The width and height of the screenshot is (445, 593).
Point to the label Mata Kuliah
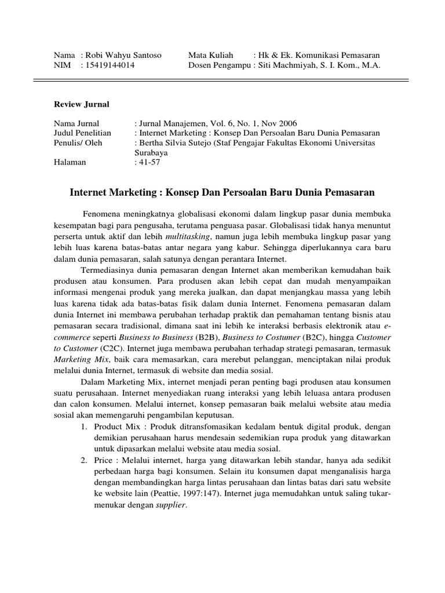pyautogui.click(x=209, y=55)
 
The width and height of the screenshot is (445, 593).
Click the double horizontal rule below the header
pyautogui.click(x=222, y=83)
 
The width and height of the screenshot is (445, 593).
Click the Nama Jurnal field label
pyautogui.click(x=76, y=123)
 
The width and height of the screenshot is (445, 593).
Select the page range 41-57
pyautogui.click(x=149, y=162)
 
